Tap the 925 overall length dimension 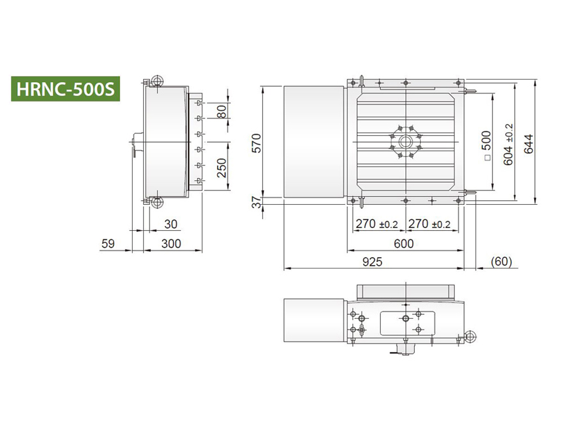[x=372, y=262]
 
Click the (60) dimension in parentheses [x=502, y=262]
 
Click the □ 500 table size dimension [x=486, y=147]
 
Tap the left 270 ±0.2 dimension [x=375, y=224]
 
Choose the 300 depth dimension [x=171, y=243]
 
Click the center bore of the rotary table [x=404, y=141]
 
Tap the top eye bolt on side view [x=157, y=82]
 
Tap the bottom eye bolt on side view [x=157, y=202]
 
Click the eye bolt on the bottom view [x=470, y=337]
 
